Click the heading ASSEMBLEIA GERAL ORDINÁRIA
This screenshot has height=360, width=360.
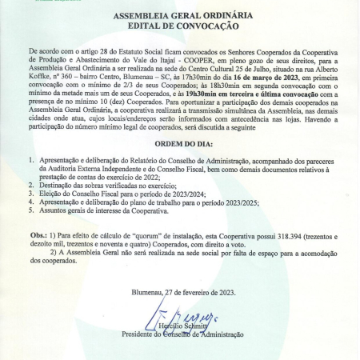coord(180,16)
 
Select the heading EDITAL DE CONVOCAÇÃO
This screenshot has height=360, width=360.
coord(180,26)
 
